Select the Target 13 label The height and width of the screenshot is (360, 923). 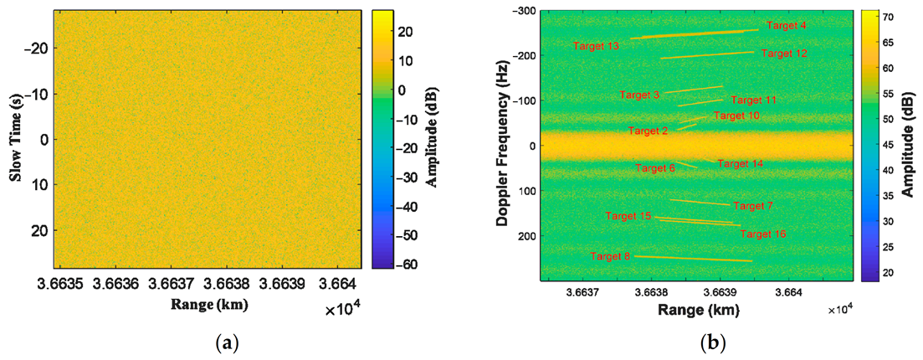click(596, 46)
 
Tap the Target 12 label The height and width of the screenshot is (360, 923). click(784, 54)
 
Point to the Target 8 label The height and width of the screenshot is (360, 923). click(610, 256)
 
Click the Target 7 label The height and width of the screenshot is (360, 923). click(753, 206)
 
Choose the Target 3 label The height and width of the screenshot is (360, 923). click(639, 95)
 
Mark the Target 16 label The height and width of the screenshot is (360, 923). click(762, 234)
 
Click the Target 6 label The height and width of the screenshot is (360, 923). click(654, 168)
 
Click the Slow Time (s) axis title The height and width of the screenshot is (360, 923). click(14, 140)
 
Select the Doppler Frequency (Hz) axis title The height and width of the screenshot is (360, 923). click(502, 140)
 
